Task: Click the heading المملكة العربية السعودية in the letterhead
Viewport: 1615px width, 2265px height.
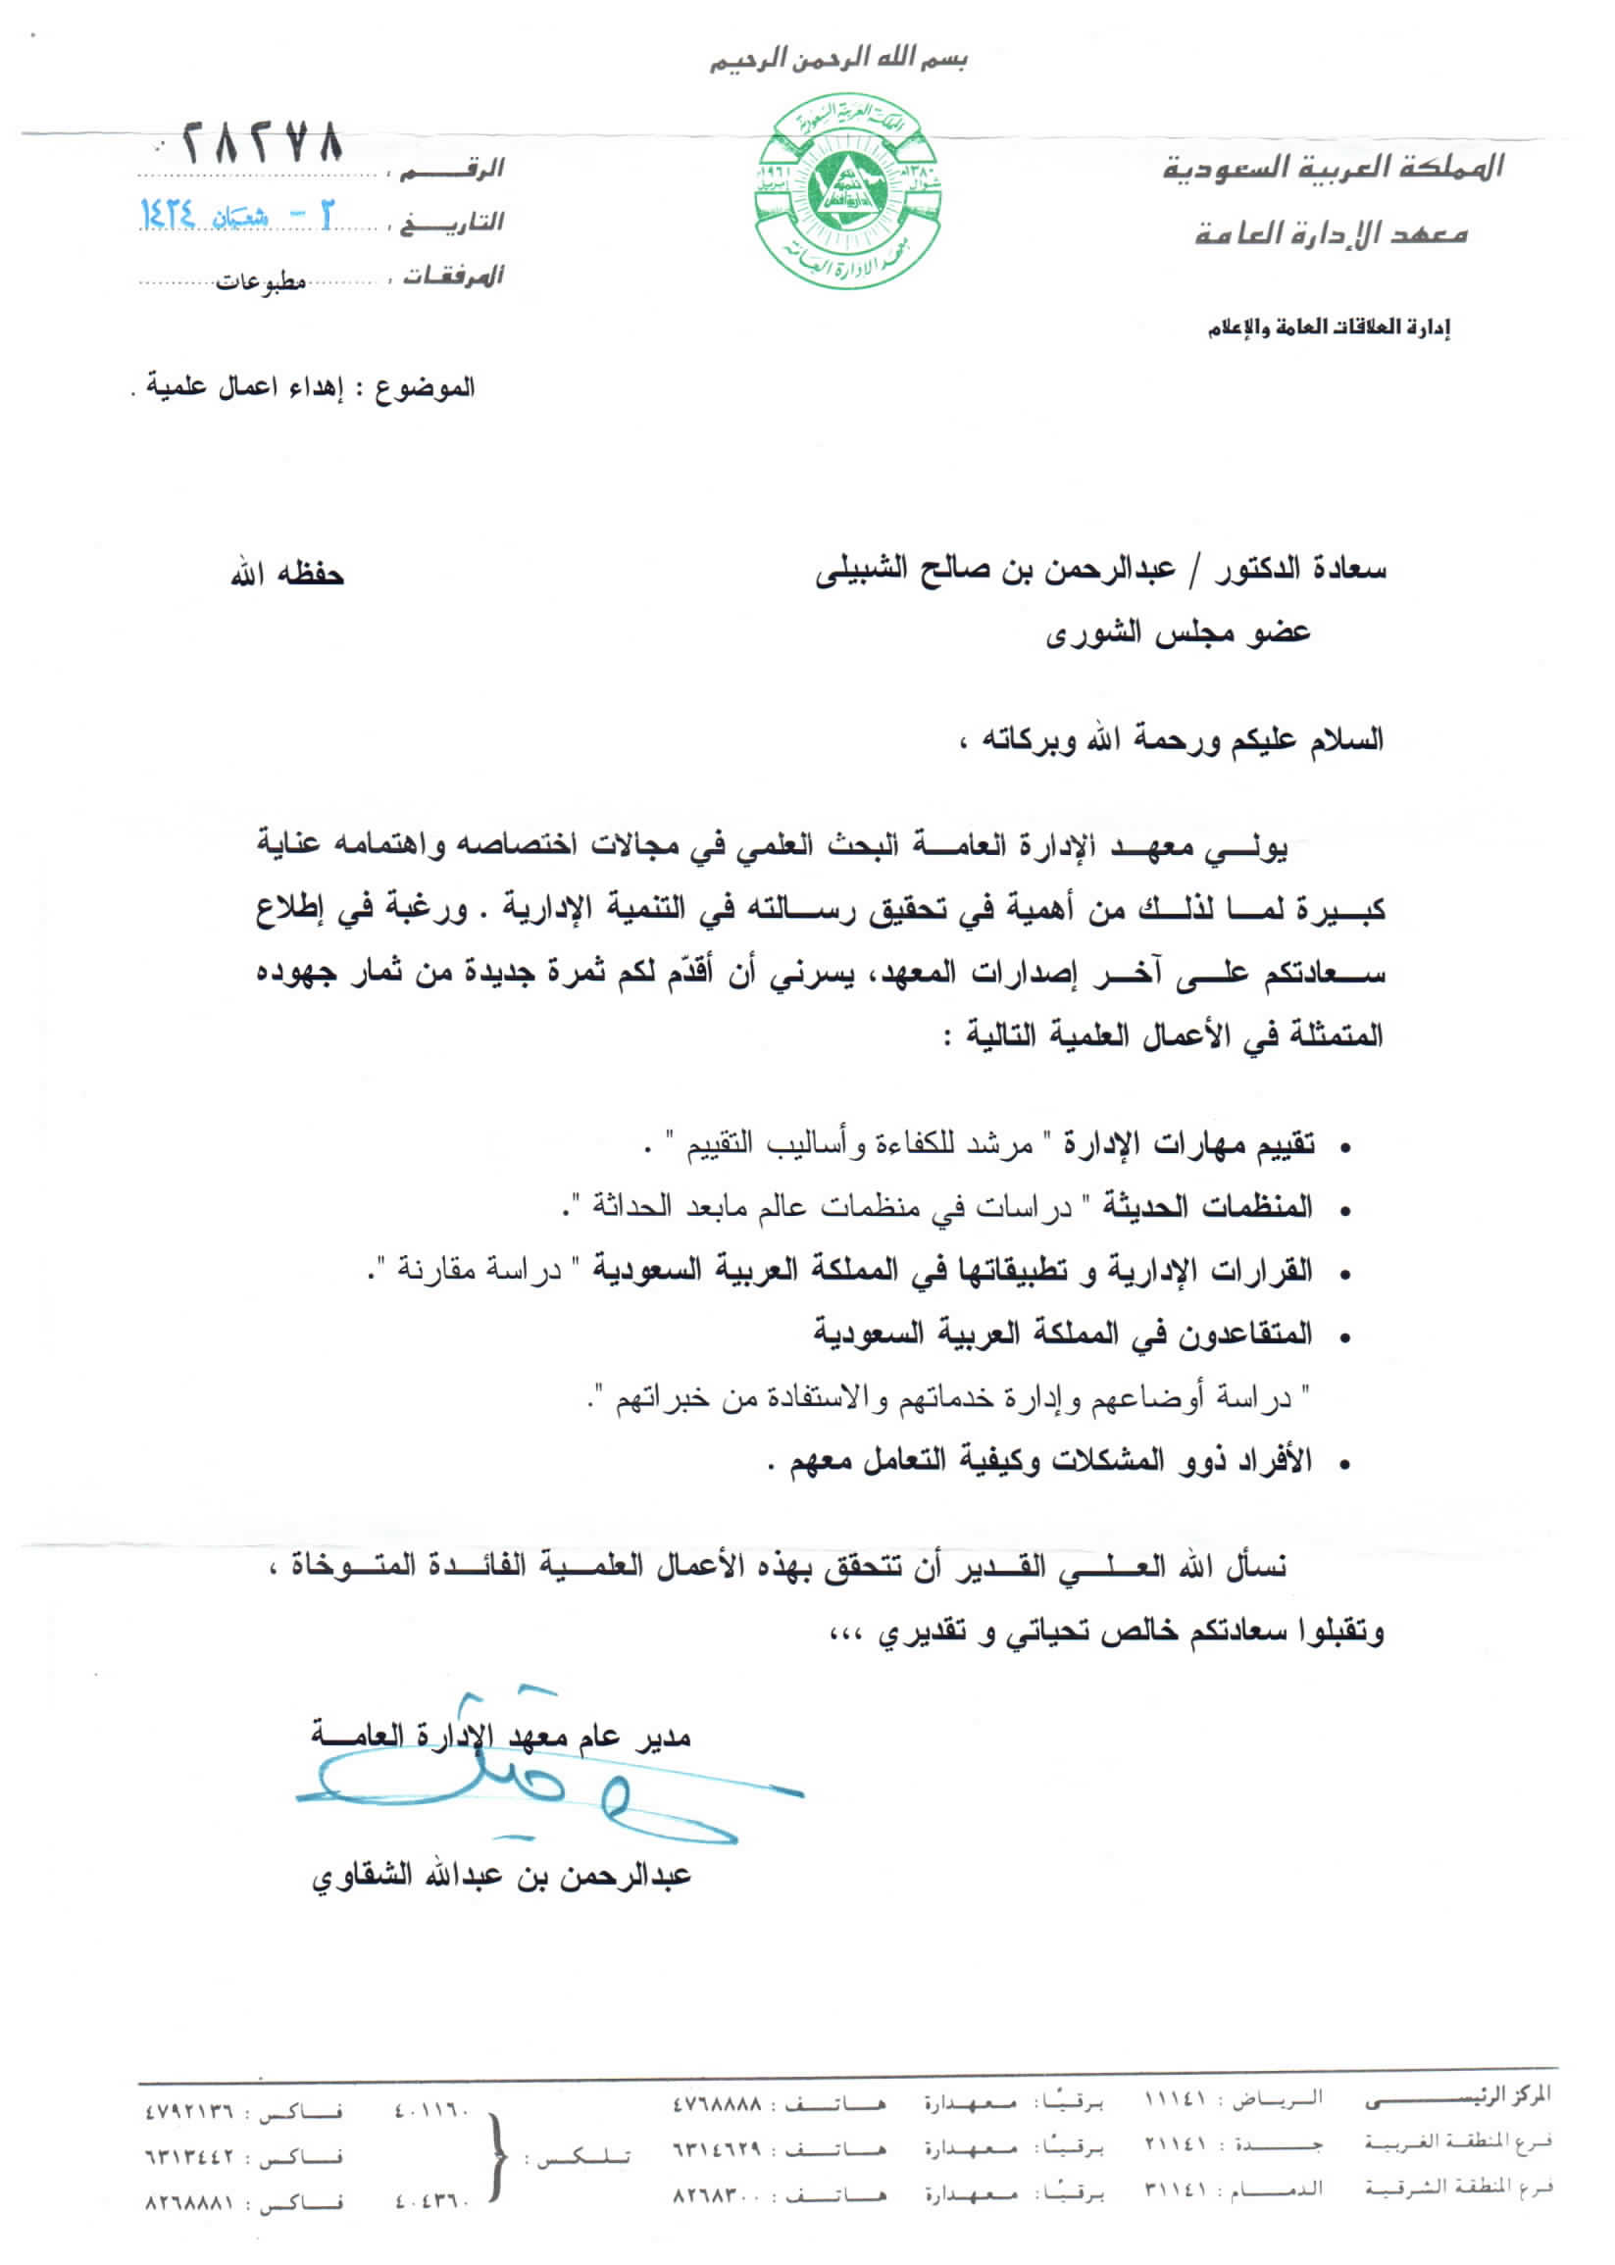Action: pos(1334,167)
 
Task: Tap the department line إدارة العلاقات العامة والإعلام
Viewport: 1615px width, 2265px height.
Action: pos(1329,327)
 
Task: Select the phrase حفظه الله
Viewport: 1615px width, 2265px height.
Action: pos(287,575)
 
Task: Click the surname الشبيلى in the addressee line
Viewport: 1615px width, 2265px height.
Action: pos(862,570)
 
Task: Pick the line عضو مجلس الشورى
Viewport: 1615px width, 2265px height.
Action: pos(1178,632)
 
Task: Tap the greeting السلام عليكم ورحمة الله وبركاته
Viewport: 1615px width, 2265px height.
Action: pos(1184,739)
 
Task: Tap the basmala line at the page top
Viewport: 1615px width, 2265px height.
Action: pos(838,60)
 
